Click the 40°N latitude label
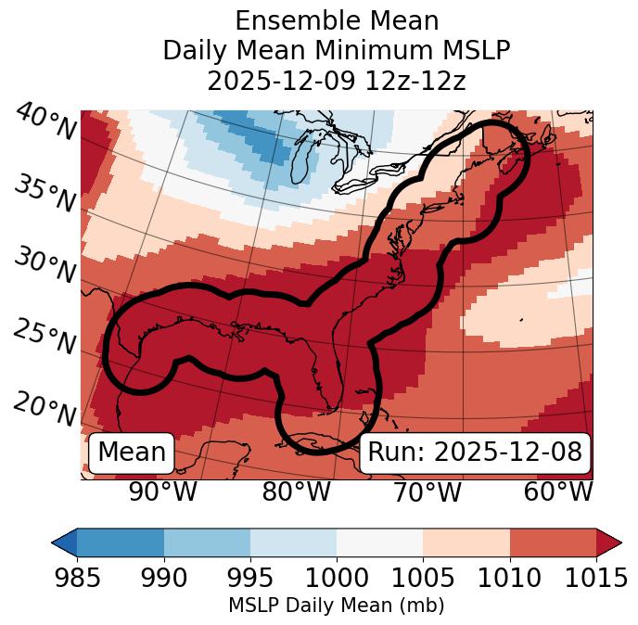pyautogui.click(x=45, y=122)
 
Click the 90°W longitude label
pyautogui.click(x=162, y=491)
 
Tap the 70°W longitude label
pyautogui.click(x=427, y=491)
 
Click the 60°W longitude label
pyautogui.click(x=557, y=491)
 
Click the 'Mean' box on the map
pyautogui.click(x=132, y=453)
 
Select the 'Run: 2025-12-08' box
pyautogui.click(x=475, y=453)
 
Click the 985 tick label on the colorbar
pyautogui.click(x=77, y=579)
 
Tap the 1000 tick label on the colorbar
pyautogui.click(x=337, y=579)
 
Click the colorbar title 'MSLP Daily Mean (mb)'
pyautogui.click(x=337, y=606)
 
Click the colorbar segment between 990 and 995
pyautogui.click(x=207, y=542)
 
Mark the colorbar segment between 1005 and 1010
pyautogui.click(x=466, y=542)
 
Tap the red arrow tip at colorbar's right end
pyautogui.click(x=610, y=542)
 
